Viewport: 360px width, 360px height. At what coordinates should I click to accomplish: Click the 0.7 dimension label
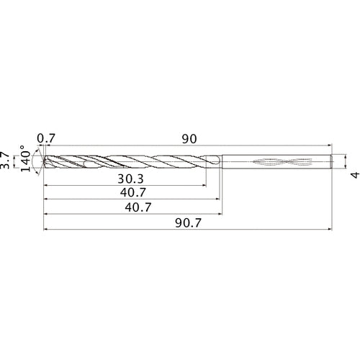point(46,137)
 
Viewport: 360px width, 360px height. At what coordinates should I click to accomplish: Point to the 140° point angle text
point(27,161)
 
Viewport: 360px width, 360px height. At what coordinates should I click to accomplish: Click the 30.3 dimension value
point(130,178)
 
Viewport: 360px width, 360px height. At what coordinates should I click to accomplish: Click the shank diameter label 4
point(353,175)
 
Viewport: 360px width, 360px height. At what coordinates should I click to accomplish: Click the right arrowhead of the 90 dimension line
point(329,145)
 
